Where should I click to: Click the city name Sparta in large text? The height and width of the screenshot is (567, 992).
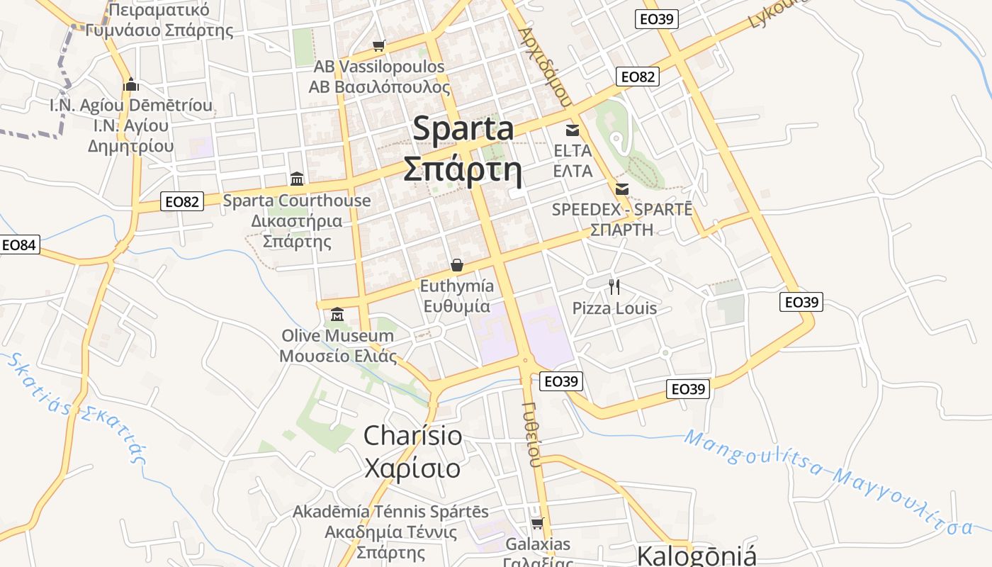463,129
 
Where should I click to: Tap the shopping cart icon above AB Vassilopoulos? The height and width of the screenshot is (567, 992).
379,46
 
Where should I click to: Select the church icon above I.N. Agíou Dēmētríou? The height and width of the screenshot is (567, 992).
130,84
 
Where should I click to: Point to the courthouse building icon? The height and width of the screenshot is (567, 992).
297,179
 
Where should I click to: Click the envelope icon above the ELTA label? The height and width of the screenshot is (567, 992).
573,130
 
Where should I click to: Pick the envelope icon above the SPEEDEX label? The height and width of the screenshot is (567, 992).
622,189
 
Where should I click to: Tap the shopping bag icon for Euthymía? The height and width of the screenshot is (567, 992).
457,265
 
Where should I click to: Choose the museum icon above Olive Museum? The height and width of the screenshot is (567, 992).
337,314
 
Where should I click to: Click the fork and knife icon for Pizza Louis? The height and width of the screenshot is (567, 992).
614,286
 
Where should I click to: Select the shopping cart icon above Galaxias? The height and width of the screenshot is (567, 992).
538,523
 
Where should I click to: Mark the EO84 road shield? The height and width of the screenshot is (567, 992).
19,245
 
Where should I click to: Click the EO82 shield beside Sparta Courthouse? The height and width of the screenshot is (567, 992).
182,201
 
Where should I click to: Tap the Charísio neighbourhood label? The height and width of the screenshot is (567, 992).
412,435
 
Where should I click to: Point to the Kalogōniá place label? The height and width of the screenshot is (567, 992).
697,556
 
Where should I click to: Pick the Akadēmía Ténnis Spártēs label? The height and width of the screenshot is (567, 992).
390,511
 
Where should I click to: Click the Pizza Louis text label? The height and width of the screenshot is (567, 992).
614,308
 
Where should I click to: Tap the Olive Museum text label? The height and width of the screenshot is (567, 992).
337,335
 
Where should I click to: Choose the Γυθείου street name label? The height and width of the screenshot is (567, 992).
532,433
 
